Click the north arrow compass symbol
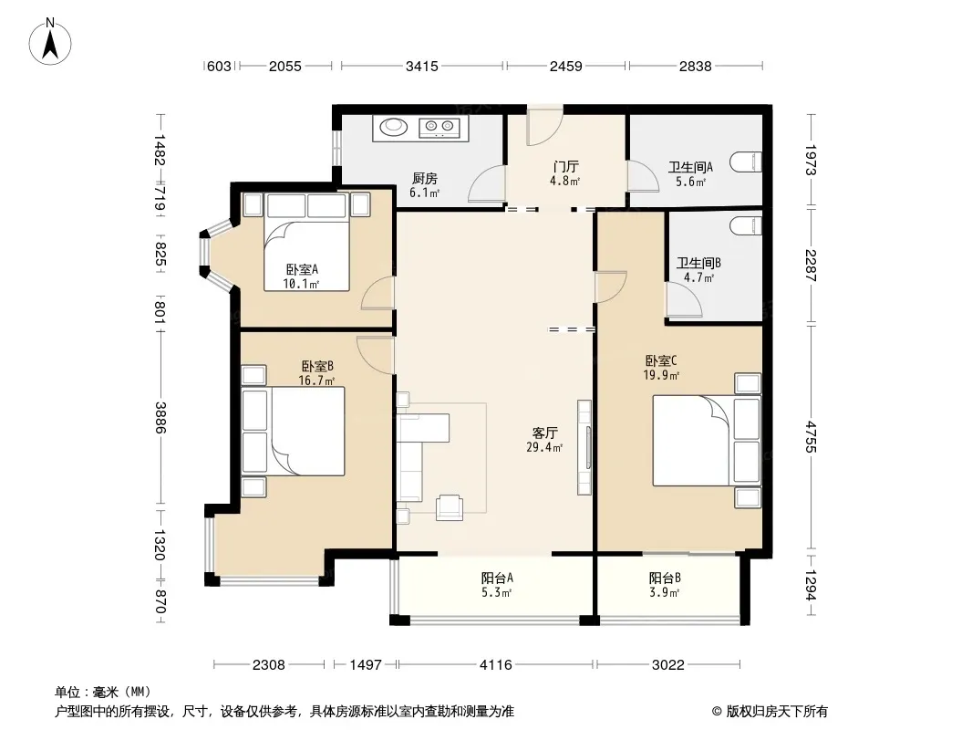coord(50,42)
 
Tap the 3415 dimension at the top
coord(422,66)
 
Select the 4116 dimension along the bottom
coord(496,665)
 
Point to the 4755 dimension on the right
coord(811,437)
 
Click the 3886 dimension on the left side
coord(160,417)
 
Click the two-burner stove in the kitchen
coord(439,128)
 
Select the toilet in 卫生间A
coord(746,162)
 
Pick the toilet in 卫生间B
coord(746,225)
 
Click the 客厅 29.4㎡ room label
coord(545,440)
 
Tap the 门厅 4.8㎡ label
coord(565,173)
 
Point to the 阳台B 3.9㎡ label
coord(665,585)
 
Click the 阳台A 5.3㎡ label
coord(497,585)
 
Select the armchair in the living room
coord(449,507)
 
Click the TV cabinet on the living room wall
coord(584,447)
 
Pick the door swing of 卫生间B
coord(683,300)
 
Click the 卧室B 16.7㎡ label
coord(316,373)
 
